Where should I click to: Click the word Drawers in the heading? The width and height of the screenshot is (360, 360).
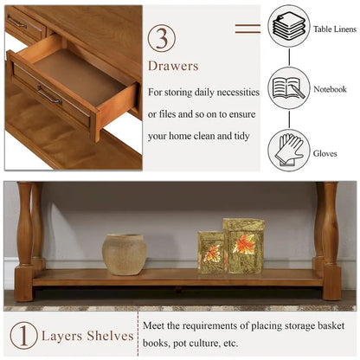click(173, 66)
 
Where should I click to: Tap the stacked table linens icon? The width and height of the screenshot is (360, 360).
click(288, 28)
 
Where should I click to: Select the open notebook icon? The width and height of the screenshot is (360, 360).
click(288, 88)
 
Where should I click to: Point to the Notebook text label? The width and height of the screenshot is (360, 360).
click(329, 89)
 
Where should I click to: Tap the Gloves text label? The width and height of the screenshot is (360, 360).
click(325, 153)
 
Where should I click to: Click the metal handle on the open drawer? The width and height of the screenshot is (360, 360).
click(48, 94)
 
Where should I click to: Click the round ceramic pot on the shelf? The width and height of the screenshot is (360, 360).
click(125, 254)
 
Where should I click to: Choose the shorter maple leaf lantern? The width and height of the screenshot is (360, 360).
click(210, 252)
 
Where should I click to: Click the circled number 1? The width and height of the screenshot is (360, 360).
click(23, 336)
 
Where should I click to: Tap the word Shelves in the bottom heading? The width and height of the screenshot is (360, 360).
click(112, 336)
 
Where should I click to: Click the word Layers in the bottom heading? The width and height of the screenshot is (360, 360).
click(63, 336)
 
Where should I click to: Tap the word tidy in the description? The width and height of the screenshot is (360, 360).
click(241, 137)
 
